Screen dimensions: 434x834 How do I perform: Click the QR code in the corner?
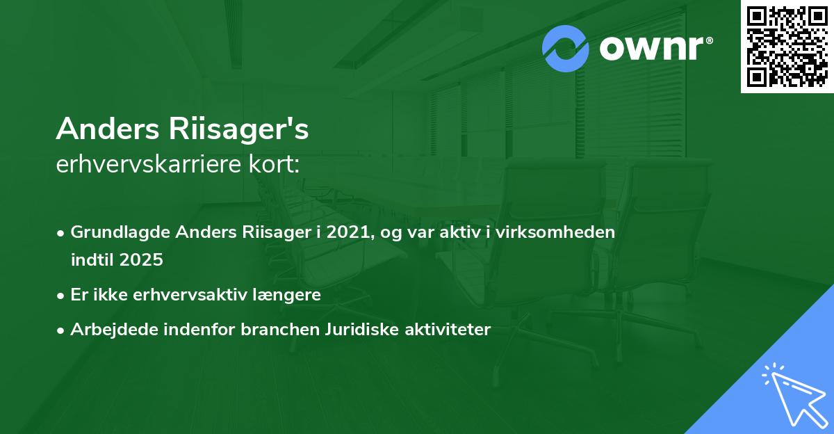787,47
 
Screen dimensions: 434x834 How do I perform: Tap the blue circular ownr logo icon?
566,49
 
